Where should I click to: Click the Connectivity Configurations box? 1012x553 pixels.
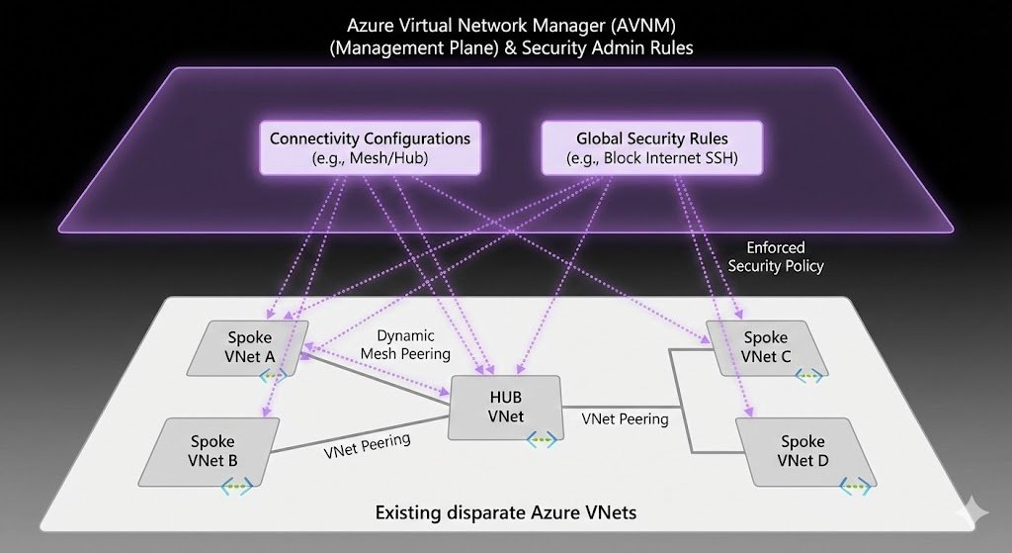[370, 148]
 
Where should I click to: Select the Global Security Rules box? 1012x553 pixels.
[653, 148]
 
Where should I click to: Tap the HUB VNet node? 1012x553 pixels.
[505, 407]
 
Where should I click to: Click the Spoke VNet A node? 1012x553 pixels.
[248, 347]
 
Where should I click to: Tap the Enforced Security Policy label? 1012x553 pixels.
[776, 256]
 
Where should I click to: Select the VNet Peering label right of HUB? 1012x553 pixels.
[625, 418]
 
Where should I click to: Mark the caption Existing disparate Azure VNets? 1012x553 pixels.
[505, 513]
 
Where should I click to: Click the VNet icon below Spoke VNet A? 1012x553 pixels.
[274, 375]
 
